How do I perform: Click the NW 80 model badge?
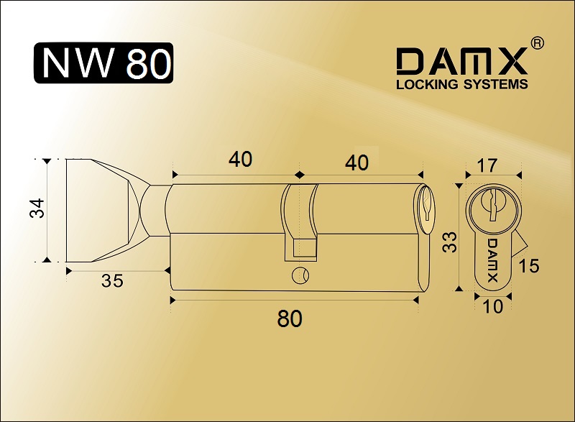coord(103,63)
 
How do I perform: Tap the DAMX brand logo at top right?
coord(461,62)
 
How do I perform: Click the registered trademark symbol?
coord(537,43)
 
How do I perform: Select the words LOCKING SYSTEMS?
coord(461,84)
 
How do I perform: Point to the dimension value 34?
coord(37,208)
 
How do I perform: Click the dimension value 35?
coord(112,281)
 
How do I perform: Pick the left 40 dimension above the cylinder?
coord(240,160)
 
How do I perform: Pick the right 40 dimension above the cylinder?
coord(356,162)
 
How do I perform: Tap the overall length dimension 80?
coord(290,318)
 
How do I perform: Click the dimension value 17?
coord(487,165)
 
